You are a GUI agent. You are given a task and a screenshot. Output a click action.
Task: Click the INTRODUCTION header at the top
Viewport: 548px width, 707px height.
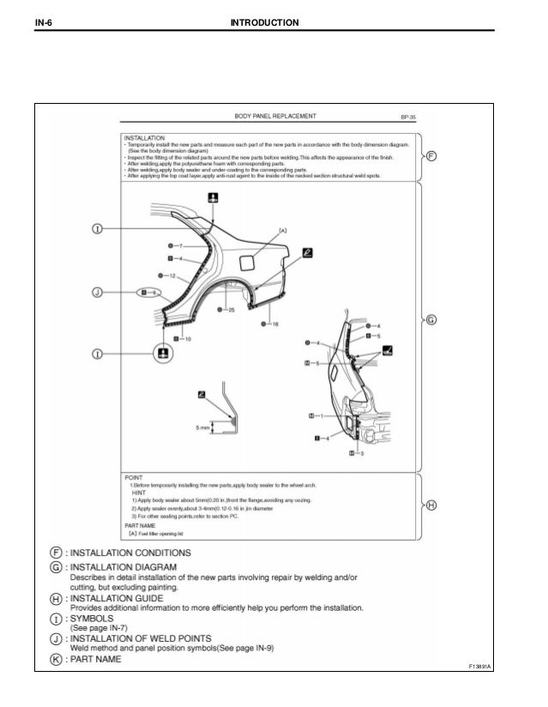coord(265,20)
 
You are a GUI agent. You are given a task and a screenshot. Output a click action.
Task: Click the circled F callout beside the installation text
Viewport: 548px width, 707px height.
coord(431,156)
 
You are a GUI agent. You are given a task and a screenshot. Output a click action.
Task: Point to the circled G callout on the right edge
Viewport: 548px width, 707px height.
coord(431,320)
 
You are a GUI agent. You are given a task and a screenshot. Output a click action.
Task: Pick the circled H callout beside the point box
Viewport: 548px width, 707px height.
coord(431,505)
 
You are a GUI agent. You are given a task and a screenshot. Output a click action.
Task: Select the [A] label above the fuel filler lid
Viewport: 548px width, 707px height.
coord(282,230)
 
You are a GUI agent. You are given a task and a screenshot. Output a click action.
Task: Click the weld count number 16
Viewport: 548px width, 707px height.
coord(275,324)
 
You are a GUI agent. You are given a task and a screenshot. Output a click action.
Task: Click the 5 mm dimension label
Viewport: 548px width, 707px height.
coord(202,425)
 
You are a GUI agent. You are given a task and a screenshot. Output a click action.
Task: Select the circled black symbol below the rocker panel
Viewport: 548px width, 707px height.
coord(161,353)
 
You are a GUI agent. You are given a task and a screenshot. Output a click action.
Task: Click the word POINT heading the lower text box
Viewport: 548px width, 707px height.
coord(134,475)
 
